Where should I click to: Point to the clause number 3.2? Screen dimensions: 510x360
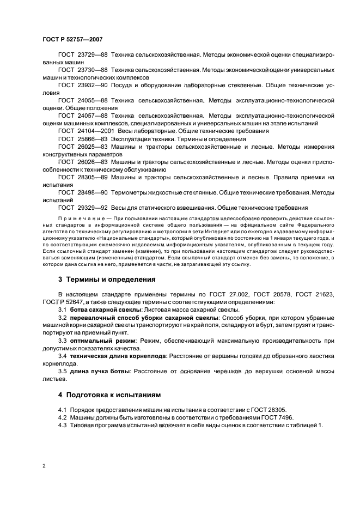[62, 317]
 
